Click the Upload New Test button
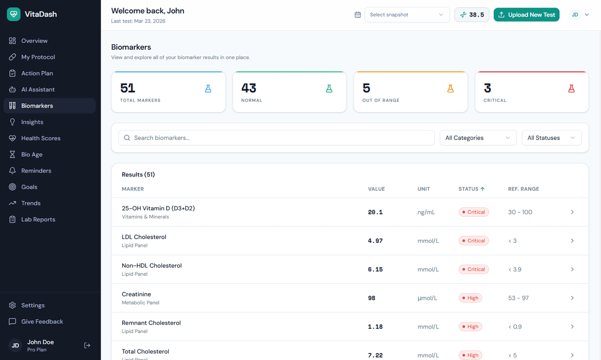[526, 15]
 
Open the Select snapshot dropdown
[407, 15]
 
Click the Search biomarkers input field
[276, 138]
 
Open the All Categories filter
[478, 138]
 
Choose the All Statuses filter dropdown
[551, 138]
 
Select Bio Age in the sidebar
[32, 154]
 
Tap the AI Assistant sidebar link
[38, 89]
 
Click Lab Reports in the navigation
[38, 219]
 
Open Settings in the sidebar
[33, 305]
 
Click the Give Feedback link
[42, 321]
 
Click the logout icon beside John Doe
[87, 345]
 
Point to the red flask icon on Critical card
[571, 89]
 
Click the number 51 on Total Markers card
[128, 88]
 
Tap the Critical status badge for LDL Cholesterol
[473, 241]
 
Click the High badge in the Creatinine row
[470, 298]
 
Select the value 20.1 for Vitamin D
[375, 212]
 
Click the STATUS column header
[471, 189]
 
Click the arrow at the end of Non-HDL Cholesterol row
[572, 269]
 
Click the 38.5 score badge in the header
[472, 15]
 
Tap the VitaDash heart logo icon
[14, 14]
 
